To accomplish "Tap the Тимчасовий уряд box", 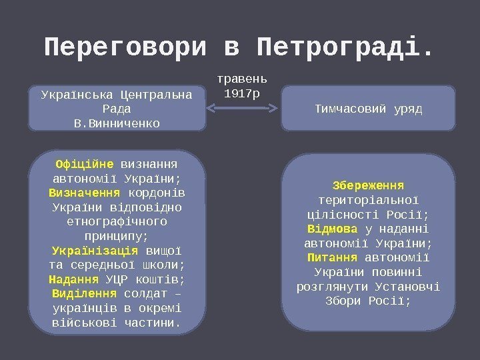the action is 368,107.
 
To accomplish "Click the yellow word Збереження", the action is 368,185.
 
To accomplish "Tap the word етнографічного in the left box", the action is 117,221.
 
